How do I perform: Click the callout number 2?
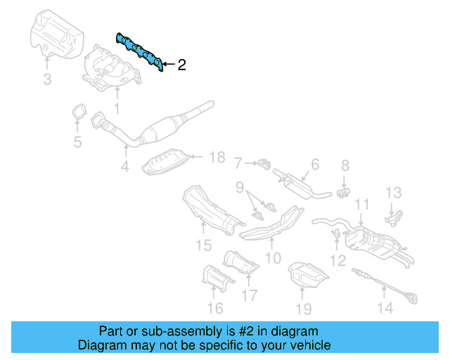[x=181, y=65]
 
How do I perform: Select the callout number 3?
[x=46, y=80]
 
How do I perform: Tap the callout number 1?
[x=117, y=108]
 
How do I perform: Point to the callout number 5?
[x=77, y=143]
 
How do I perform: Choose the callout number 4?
[x=124, y=167]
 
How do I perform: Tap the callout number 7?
[x=238, y=163]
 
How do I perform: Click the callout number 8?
[x=345, y=166]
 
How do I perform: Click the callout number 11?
[x=361, y=205]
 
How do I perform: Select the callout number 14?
[x=385, y=307]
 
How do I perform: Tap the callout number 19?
[x=303, y=307]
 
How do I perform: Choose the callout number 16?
[x=215, y=307]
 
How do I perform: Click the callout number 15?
[x=202, y=245]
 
